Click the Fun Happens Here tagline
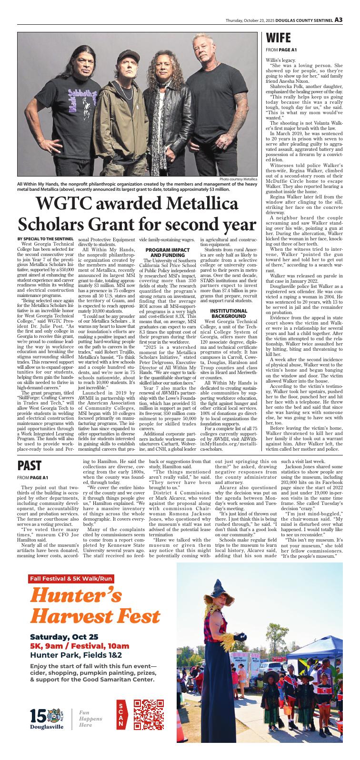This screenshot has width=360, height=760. (x=86, y=718)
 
